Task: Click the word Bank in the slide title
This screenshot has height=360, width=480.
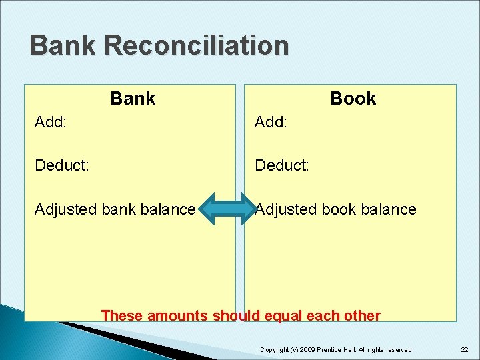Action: click(x=63, y=46)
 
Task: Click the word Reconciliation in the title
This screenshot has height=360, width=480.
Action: click(x=197, y=46)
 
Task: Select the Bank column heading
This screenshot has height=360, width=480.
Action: click(x=133, y=99)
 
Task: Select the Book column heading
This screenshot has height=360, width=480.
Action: click(x=353, y=99)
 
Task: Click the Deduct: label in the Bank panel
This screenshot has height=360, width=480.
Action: click(x=62, y=165)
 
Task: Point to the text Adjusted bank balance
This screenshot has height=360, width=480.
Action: click(x=115, y=209)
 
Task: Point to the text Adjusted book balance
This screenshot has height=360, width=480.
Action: click(x=336, y=209)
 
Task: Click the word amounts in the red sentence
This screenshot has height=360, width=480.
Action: click(x=177, y=316)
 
